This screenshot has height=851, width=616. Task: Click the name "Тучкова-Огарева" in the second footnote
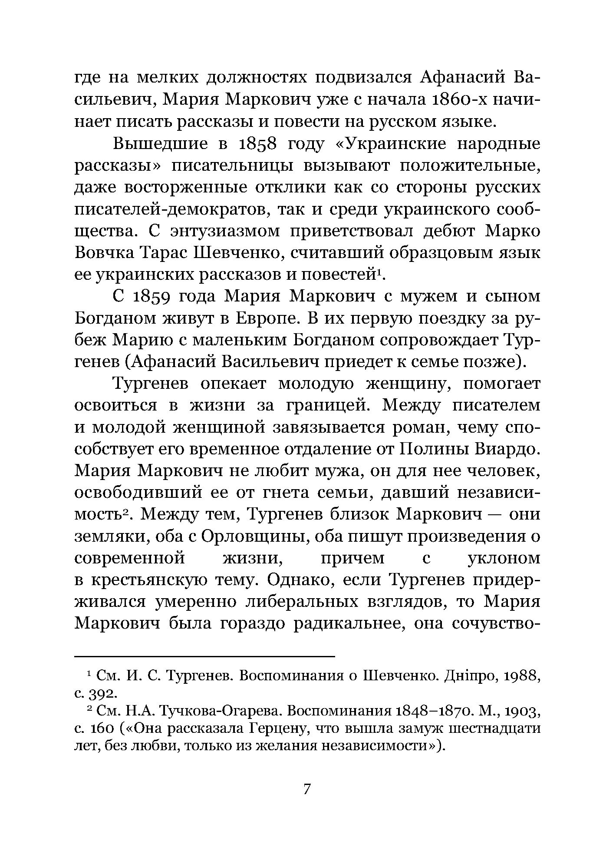pyautogui.click(x=221, y=711)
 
